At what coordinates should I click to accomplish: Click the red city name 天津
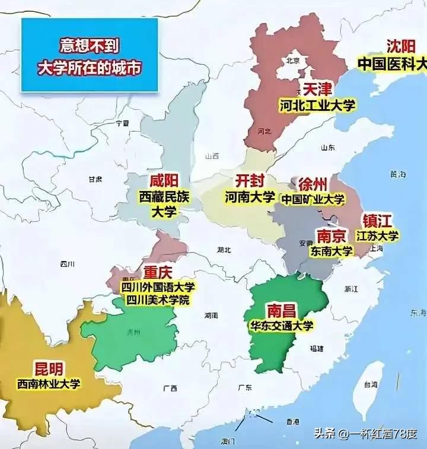(x=317, y=89)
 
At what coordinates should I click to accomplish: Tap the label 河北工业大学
(x=317, y=106)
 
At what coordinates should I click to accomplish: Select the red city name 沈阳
(x=401, y=46)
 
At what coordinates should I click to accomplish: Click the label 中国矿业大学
(x=313, y=199)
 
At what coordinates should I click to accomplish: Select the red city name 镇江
(x=377, y=221)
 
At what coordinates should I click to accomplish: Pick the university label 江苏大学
(x=378, y=235)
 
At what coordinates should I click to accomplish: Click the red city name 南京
(x=331, y=235)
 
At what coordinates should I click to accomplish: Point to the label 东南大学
(x=331, y=251)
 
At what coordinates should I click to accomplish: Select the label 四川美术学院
(x=157, y=300)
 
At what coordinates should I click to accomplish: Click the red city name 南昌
(x=281, y=310)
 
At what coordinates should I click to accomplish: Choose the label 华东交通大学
(x=281, y=325)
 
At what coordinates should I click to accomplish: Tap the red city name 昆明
(x=49, y=368)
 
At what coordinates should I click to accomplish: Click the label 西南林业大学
(x=49, y=384)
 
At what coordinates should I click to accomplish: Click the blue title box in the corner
(x=90, y=55)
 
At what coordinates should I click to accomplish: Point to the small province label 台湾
(x=371, y=384)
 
